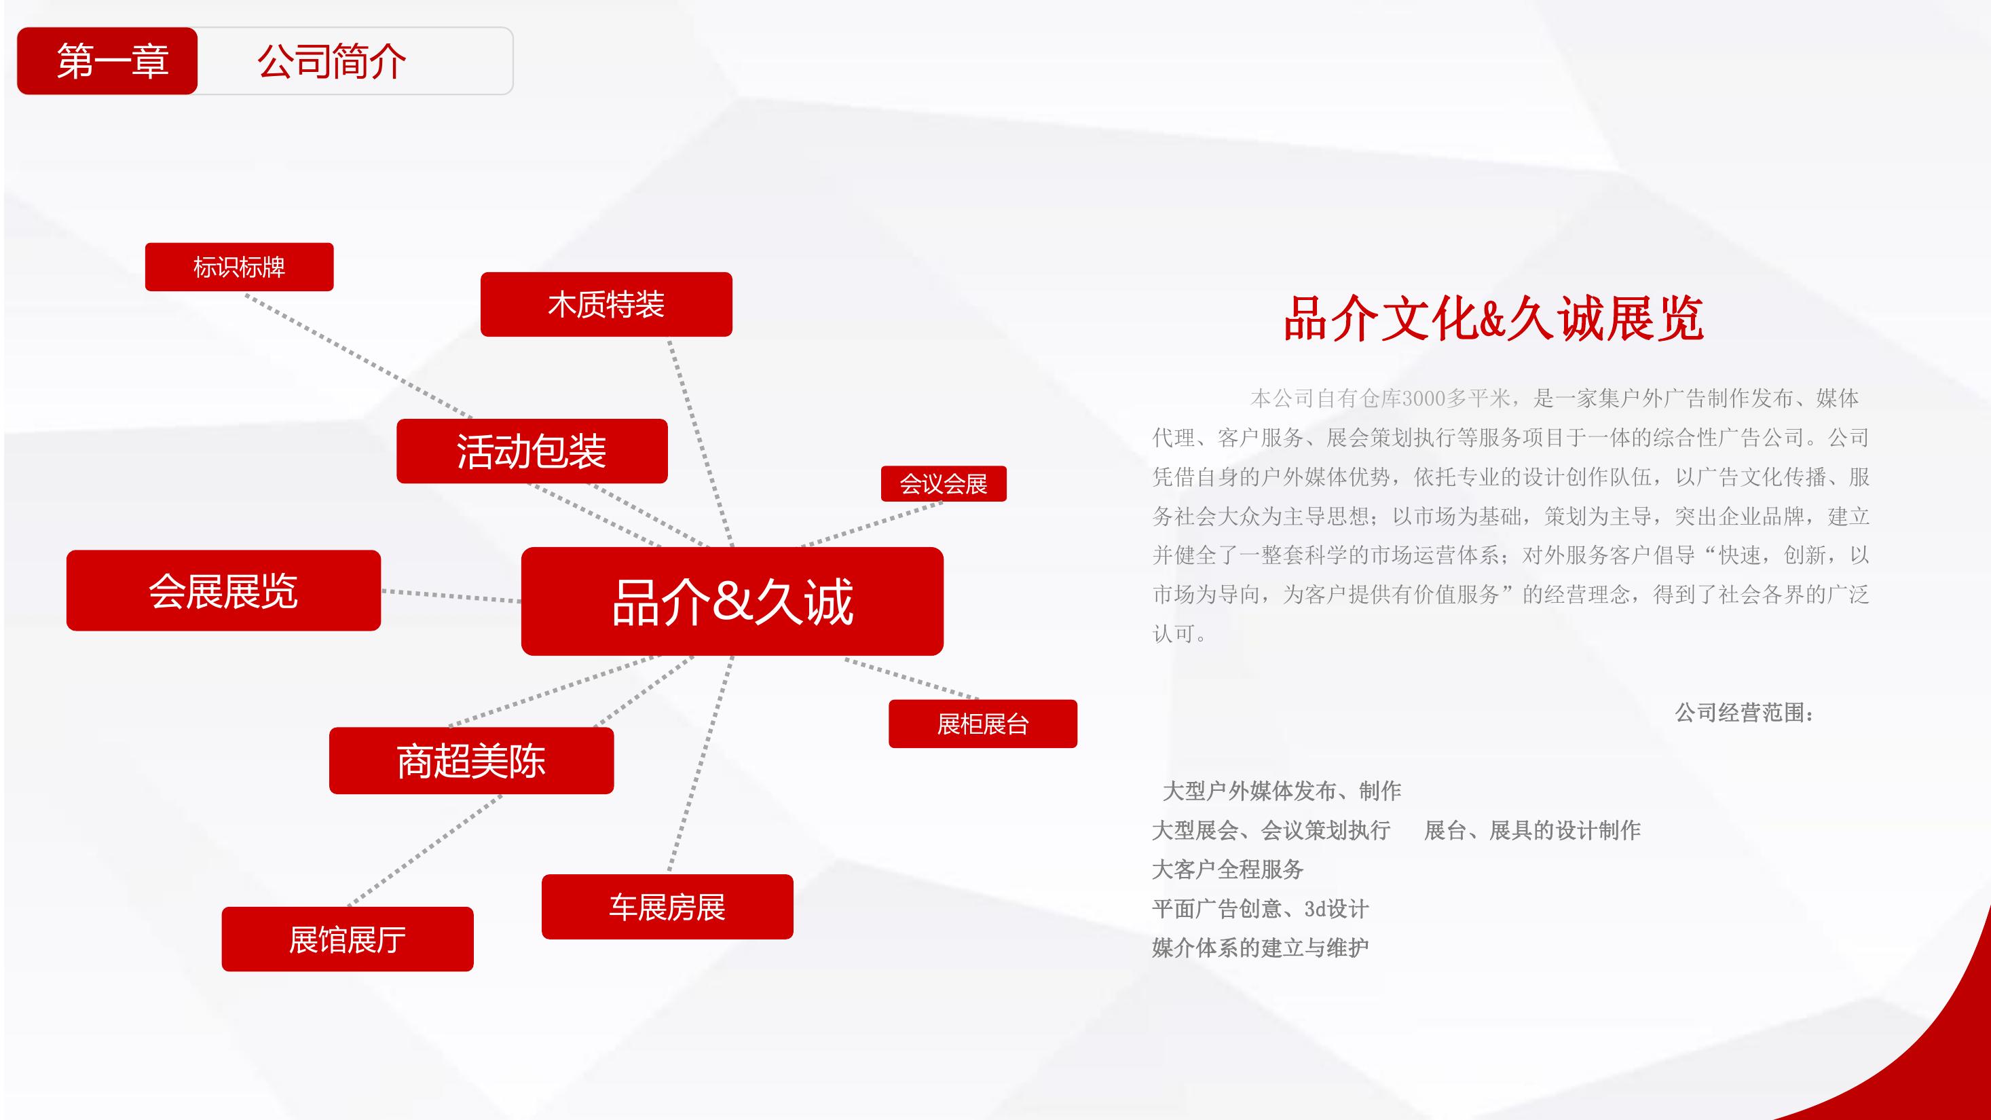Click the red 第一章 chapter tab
click(107, 61)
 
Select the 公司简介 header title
click(331, 62)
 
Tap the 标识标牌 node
click(240, 267)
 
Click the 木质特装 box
click(606, 305)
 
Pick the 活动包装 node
click(532, 451)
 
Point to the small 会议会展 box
click(944, 484)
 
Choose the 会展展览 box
click(223, 591)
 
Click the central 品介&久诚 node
click(732, 601)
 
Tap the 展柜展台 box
click(983, 724)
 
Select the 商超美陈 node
click(472, 760)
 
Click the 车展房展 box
click(668, 907)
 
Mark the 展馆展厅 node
click(348, 939)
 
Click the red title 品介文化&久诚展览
click(1493, 318)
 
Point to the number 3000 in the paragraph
click(1424, 399)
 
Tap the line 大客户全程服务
click(1228, 870)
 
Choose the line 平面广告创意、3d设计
click(1261, 909)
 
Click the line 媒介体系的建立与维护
click(1261, 948)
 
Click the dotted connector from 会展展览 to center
click(451, 596)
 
